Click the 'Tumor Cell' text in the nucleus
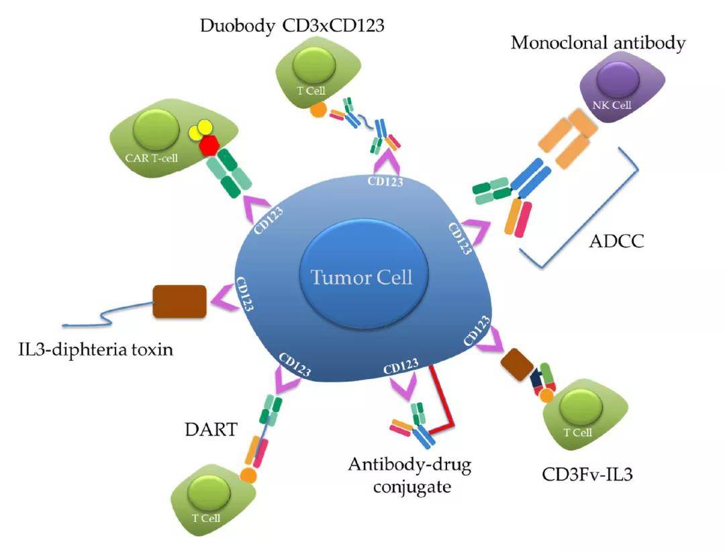click(x=362, y=276)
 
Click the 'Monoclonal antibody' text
click(x=598, y=43)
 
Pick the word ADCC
click(x=616, y=241)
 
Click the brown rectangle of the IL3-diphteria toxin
click(x=179, y=302)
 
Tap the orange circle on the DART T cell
click(x=248, y=475)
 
